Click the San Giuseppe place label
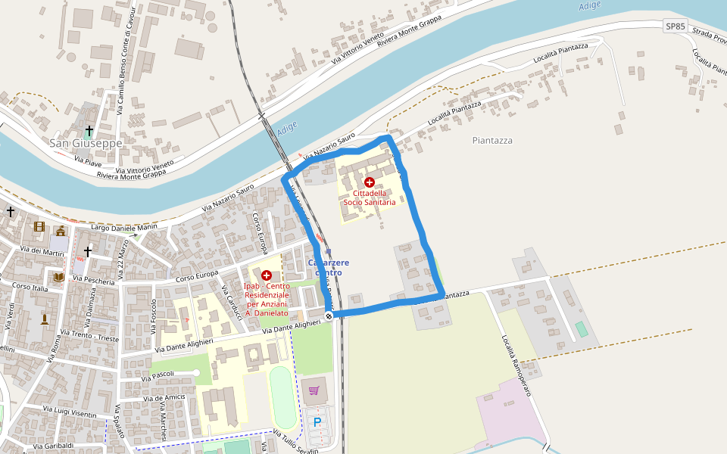[86, 142]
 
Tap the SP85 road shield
[675, 26]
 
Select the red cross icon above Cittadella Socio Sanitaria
[370, 182]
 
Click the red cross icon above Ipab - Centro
[267, 275]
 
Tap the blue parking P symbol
[317, 421]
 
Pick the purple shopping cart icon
[314, 390]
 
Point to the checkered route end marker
[329, 316]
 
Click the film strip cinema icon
[39, 226]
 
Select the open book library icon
[59, 278]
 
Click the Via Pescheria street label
[93, 279]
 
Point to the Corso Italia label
[30, 288]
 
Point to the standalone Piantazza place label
[492, 140]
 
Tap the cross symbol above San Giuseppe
[89, 131]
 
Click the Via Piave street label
[88, 160]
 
